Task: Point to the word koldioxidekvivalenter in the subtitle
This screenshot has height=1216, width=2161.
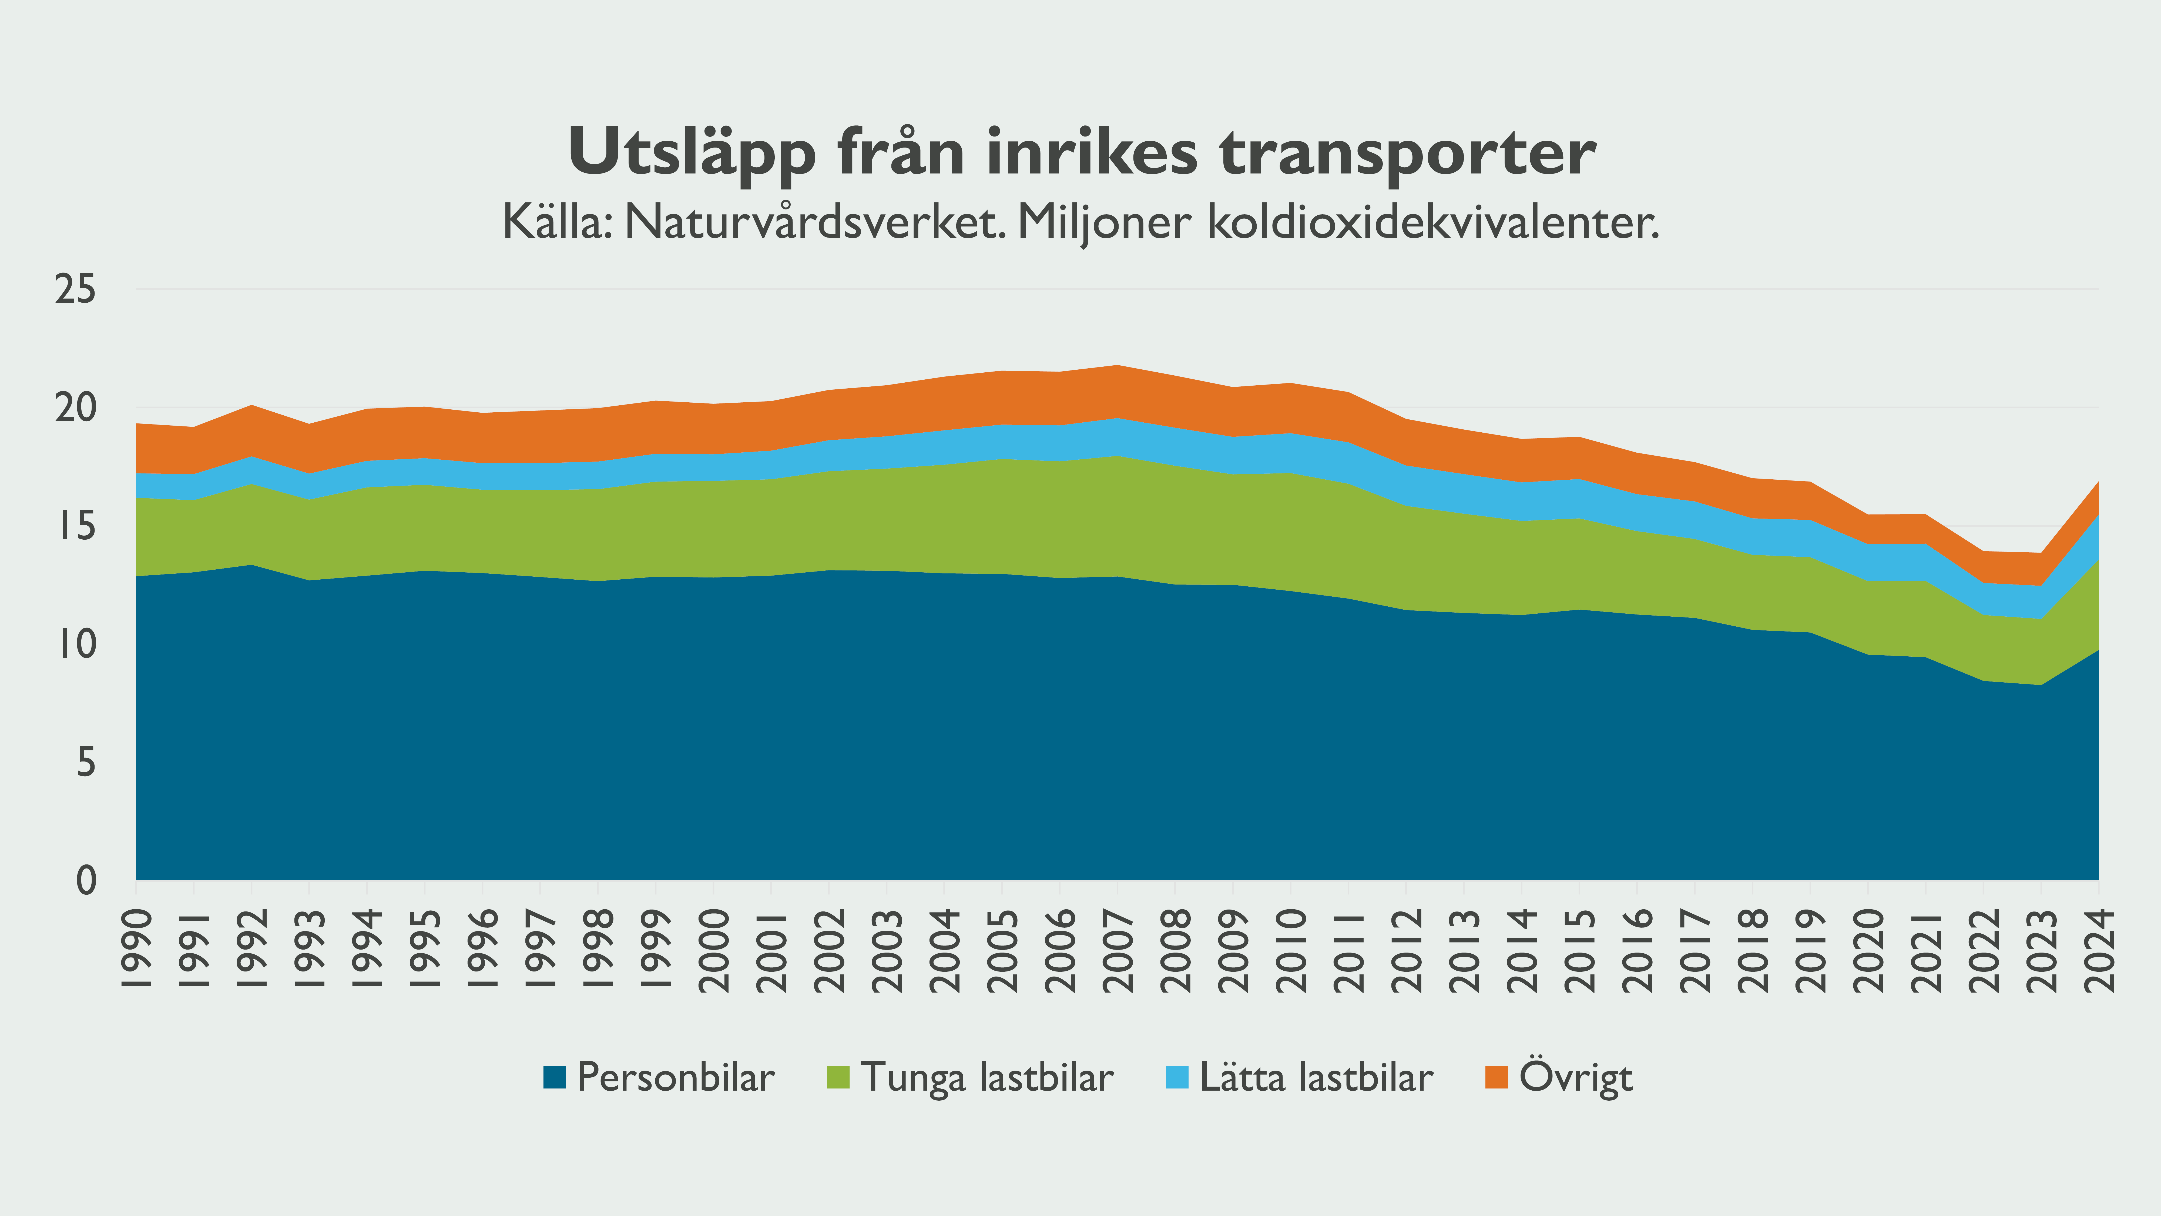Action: [1433, 222]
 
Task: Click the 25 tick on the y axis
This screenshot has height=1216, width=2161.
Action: [76, 290]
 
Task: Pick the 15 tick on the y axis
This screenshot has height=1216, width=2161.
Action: [76, 527]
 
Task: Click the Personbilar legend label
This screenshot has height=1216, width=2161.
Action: [675, 1078]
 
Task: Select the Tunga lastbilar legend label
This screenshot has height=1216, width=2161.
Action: [986, 1078]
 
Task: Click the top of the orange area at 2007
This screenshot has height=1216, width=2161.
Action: [1118, 366]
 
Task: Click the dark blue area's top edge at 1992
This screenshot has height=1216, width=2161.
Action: [252, 566]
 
